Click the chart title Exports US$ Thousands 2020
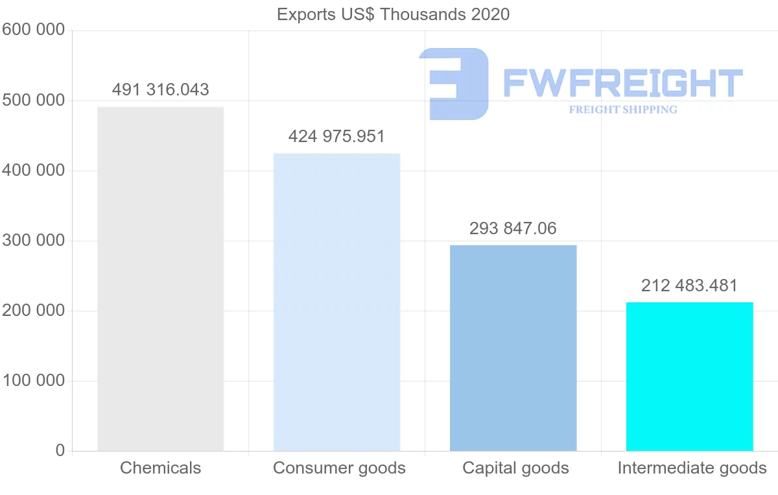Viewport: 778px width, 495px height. coord(393,14)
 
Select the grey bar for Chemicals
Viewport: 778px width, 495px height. coord(160,279)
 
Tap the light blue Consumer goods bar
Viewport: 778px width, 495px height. coord(336,302)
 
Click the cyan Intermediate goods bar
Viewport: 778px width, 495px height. coord(689,376)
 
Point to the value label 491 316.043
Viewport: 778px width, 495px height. coord(160,90)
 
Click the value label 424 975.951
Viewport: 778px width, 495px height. coord(336,136)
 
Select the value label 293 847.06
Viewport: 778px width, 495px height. coord(513,228)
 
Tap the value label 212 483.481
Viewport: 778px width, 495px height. coord(689,285)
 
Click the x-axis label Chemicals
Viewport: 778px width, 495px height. coord(160,468)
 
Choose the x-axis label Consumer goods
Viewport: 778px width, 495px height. coord(339,468)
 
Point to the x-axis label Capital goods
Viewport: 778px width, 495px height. coord(515,468)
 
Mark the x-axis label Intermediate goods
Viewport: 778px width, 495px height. coord(692,468)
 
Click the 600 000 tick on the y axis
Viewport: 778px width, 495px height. coord(33,30)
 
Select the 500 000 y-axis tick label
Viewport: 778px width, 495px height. coord(33,101)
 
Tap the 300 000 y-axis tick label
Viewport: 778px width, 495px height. coord(33,241)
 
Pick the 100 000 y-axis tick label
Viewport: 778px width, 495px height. coord(33,381)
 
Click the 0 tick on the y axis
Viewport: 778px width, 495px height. coord(60,450)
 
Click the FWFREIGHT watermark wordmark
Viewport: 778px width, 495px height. coord(622,83)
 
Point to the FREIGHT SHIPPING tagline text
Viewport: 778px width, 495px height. coord(623,110)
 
